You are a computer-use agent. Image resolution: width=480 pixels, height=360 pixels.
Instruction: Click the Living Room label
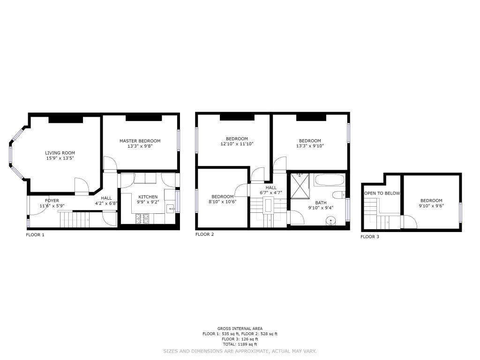click(60, 153)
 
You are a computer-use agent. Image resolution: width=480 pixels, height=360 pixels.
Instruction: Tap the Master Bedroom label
click(140, 141)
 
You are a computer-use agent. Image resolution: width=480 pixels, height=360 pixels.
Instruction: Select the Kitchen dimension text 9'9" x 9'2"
click(148, 202)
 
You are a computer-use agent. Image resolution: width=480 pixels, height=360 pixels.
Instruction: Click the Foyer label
click(52, 201)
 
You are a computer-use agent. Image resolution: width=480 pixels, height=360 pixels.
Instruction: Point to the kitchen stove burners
click(142, 218)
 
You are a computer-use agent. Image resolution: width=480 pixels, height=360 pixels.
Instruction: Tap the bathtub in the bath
click(329, 180)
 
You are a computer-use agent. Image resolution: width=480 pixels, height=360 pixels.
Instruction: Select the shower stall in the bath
click(300, 186)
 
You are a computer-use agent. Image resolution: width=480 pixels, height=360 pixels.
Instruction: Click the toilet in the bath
click(338, 195)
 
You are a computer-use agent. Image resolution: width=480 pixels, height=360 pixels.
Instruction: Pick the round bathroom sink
click(330, 220)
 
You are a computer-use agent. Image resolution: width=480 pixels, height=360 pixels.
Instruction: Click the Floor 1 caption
click(35, 235)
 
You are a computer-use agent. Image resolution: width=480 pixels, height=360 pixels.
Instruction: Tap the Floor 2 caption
click(205, 234)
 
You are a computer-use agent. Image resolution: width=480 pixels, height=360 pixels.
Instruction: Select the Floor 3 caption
click(370, 237)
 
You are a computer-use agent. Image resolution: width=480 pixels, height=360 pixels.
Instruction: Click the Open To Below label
click(382, 194)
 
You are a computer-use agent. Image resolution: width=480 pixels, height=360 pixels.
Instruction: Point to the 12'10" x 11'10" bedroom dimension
click(237, 144)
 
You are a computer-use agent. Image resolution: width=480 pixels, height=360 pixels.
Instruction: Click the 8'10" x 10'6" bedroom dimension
click(223, 202)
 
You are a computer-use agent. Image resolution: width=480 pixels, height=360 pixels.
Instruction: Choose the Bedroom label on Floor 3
click(431, 201)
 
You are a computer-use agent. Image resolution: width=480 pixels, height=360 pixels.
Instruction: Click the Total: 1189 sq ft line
click(240, 345)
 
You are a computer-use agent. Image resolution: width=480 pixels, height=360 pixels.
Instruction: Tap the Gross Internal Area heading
click(240, 329)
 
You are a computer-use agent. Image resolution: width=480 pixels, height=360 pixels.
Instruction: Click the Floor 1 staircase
click(75, 219)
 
